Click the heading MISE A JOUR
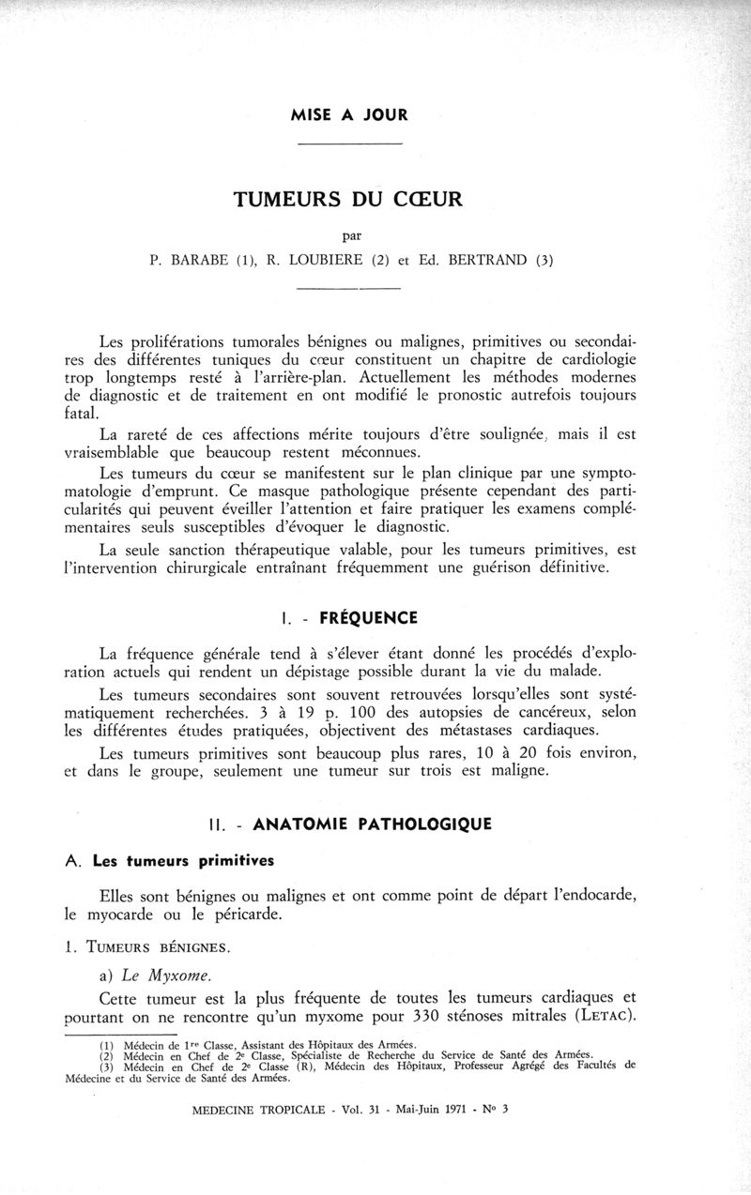[x=349, y=116]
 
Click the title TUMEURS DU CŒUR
[x=349, y=200]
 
